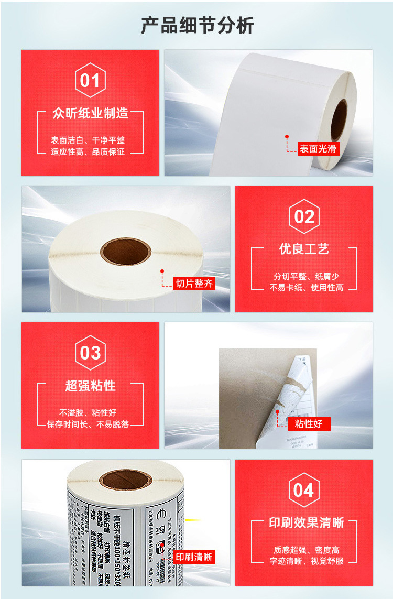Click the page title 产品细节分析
click(197, 25)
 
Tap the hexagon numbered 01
click(90, 80)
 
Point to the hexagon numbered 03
click(90, 353)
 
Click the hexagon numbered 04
click(304, 490)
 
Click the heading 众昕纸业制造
click(90, 113)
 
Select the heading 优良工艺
click(304, 249)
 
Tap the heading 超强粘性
click(90, 386)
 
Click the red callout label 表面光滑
click(318, 149)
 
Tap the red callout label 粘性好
click(309, 423)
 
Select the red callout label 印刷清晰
click(194, 557)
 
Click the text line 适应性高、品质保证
click(88, 152)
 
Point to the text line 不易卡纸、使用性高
click(307, 288)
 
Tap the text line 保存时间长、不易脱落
click(88, 424)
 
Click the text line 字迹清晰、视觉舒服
click(307, 561)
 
